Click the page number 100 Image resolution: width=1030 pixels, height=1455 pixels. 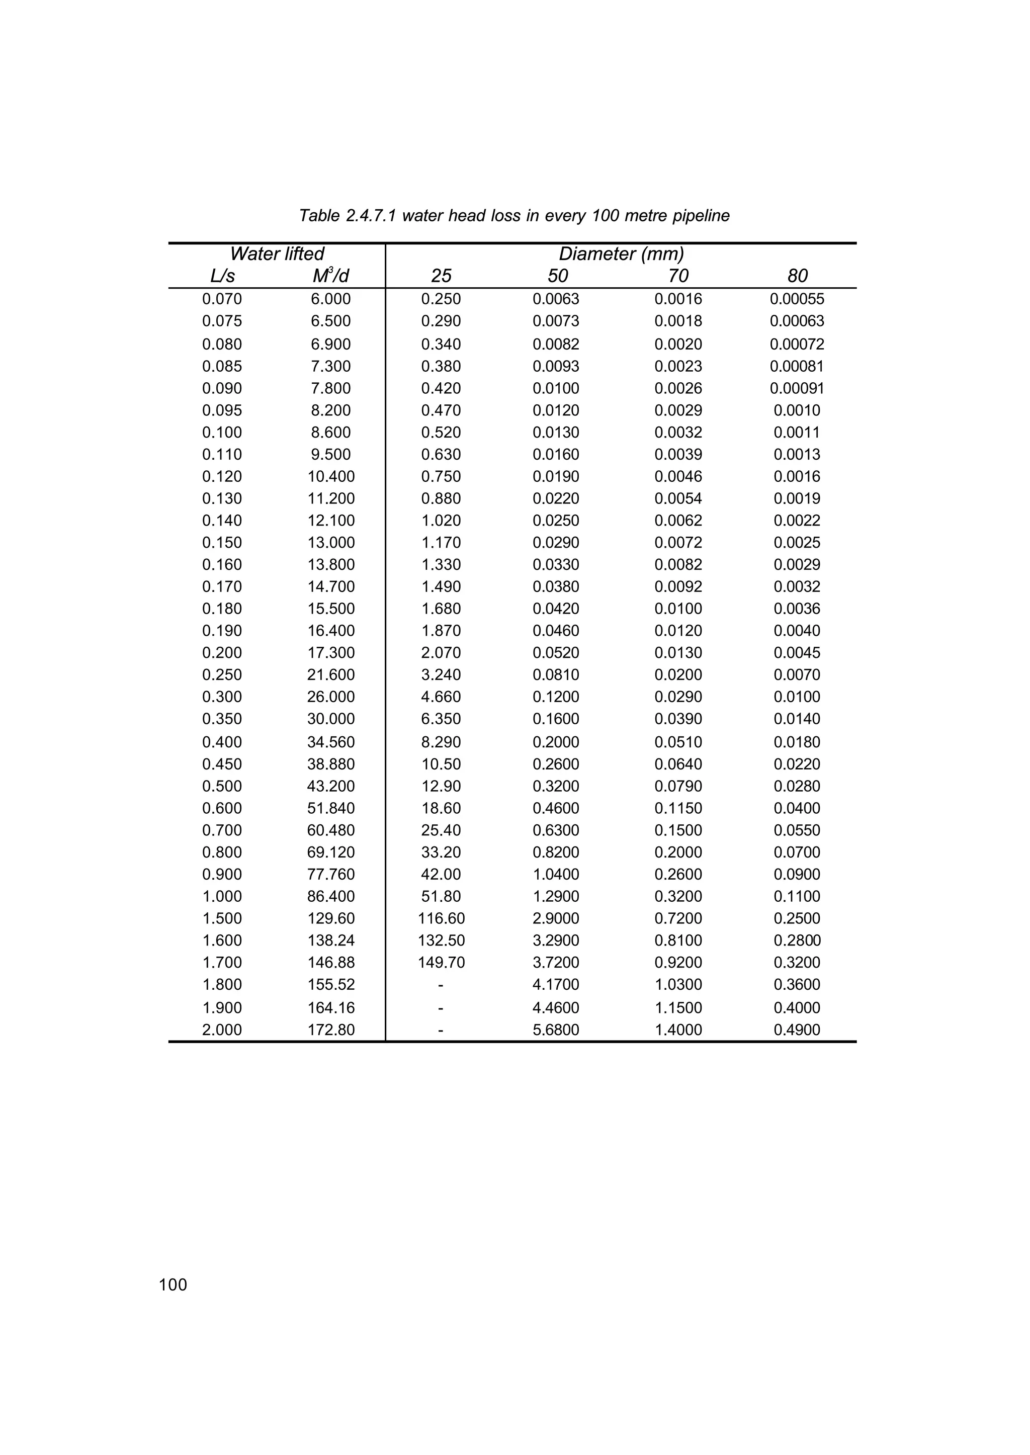[x=173, y=1285]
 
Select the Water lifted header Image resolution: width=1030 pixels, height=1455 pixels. [x=277, y=253]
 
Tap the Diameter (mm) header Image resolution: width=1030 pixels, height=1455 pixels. [x=621, y=253]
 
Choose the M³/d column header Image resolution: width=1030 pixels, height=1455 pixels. [x=330, y=276]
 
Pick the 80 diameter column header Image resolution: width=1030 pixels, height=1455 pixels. [x=797, y=276]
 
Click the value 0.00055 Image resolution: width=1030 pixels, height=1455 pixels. [x=797, y=299]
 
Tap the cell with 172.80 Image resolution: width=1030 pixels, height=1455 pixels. [x=330, y=1030]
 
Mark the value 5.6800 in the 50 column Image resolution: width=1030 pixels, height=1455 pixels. [x=556, y=1030]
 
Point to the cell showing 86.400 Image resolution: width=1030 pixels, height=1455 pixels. [x=330, y=896]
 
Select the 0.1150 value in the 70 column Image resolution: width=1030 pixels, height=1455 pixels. [x=678, y=808]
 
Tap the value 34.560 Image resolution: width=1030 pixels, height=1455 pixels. [x=330, y=742]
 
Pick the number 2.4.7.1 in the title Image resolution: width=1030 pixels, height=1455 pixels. [x=371, y=216]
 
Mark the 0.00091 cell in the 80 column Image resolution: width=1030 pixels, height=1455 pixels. [x=797, y=388]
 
